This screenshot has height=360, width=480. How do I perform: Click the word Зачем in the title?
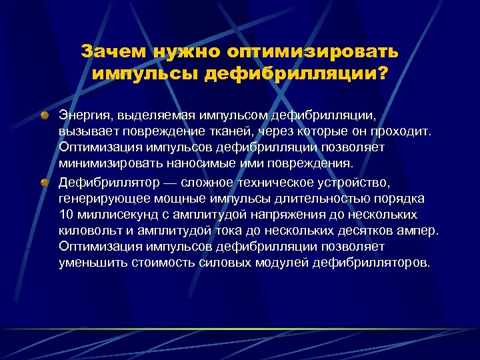tap(113, 51)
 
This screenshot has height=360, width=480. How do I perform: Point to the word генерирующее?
tap(101, 199)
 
